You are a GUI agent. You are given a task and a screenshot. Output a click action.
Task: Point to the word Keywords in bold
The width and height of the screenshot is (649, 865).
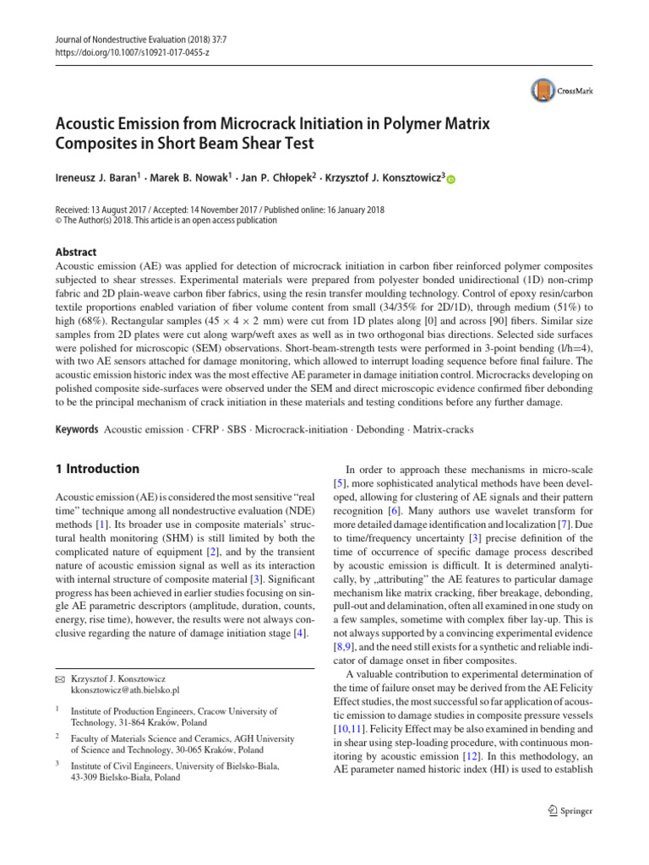76,430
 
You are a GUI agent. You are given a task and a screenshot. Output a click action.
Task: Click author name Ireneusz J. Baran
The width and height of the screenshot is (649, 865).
101,178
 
